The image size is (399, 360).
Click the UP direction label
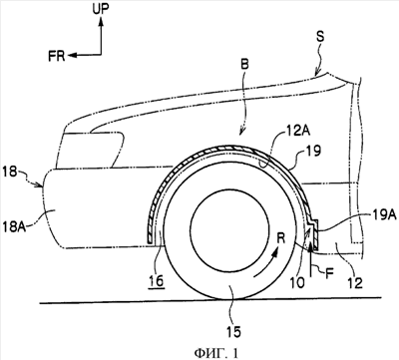tap(100, 9)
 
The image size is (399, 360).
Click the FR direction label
tap(57, 56)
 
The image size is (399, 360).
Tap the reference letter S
tap(320, 37)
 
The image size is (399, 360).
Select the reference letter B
tap(244, 64)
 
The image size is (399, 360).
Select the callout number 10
tap(297, 282)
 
